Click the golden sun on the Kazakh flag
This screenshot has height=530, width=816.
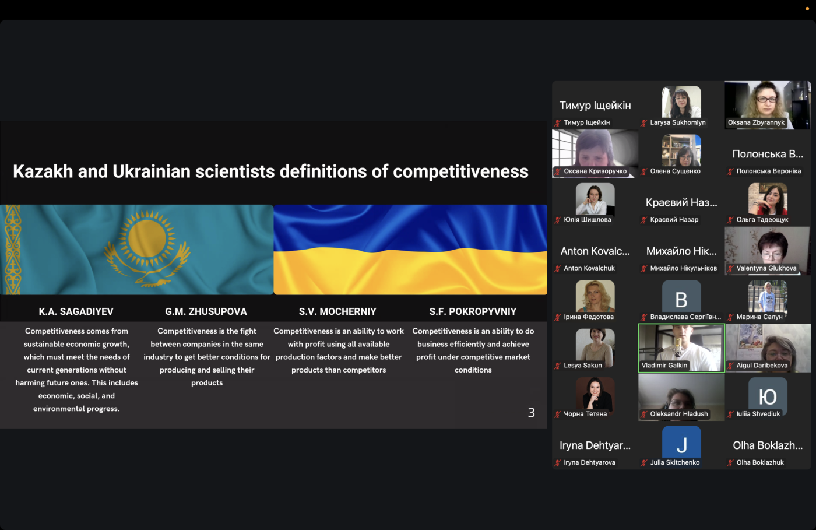pyautogui.click(x=147, y=240)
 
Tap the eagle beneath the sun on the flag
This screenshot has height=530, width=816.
pyautogui.click(x=147, y=266)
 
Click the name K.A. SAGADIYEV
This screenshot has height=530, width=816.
pyautogui.click(x=76, y=312)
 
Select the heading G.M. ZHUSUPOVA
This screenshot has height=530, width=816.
pyautogui.click(x=206, y=312)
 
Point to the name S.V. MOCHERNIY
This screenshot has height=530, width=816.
pyautogui.click(x=337, y=312)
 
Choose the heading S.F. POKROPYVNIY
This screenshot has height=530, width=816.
pyautogui.click(x=473, y=312)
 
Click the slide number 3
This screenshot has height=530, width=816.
pyautogui.click(x=532, y=413)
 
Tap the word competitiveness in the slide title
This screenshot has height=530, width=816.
pyautogui.click(x=460, y=171)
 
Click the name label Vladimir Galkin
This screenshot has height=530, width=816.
pyautogui.click(x=664, y=365)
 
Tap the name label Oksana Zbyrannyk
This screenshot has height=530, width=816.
pyautogui.click(x=756, y=122)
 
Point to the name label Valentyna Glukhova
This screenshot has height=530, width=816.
pyautogui.click(x=766, y=268)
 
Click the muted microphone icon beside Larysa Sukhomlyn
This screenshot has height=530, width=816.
pyautogui.click(x=644, y=123)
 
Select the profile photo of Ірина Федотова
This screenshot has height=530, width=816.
pyautogui.click(x=595, y=296)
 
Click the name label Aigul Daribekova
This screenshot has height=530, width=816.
pyautogui.click(x=762, y=365)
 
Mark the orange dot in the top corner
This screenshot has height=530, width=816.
pyautogui.click(x=807, y=9)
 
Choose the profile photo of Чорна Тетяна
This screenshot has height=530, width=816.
pyautogui.click(x=595, y=394)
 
